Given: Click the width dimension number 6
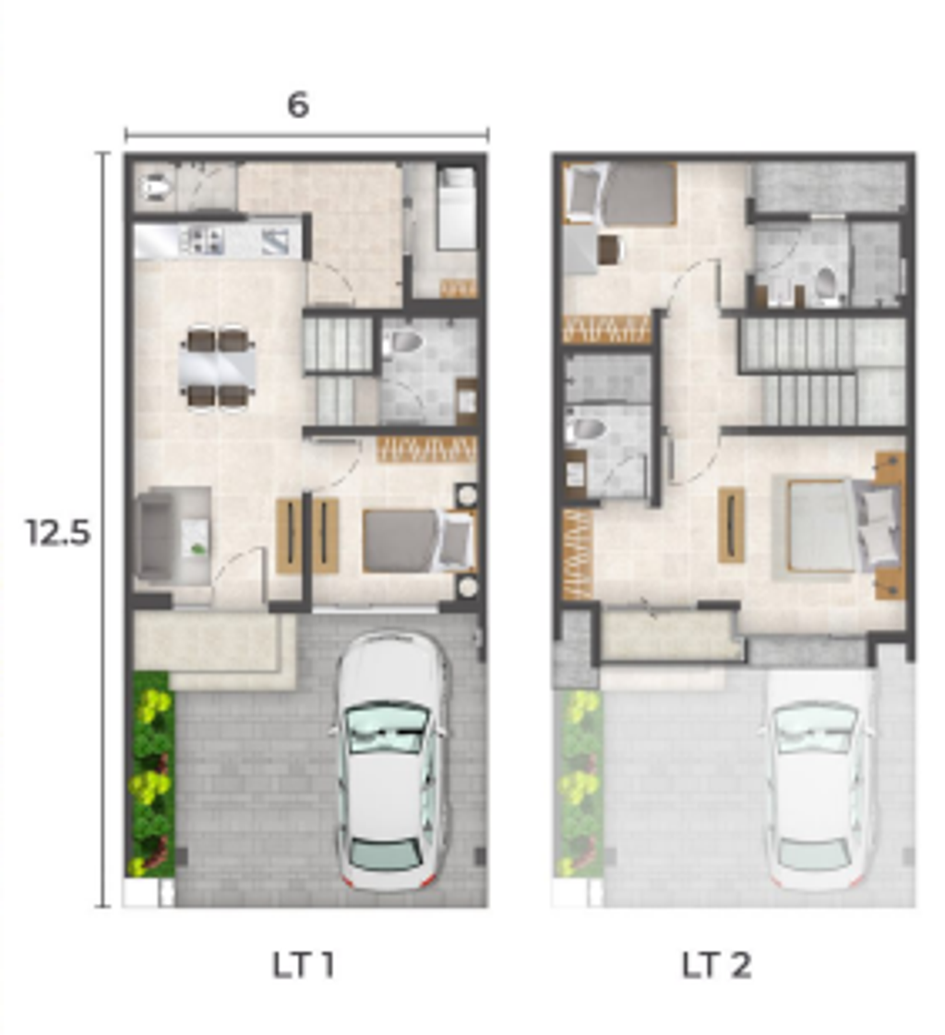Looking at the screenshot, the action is tap(298, 104).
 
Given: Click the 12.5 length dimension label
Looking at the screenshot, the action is tap(58, 532).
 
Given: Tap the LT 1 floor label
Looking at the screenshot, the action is tap(303, 965).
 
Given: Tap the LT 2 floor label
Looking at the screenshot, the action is tap(716, 965).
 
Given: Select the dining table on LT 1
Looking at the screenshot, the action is tap(219, 368).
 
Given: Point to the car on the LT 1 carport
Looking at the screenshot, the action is tap(389, 760).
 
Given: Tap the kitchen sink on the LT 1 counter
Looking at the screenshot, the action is tap(276, 240).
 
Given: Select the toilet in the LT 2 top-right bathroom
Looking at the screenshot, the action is tap(825, 284).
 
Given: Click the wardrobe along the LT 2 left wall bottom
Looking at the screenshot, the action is tap(577, 553).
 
